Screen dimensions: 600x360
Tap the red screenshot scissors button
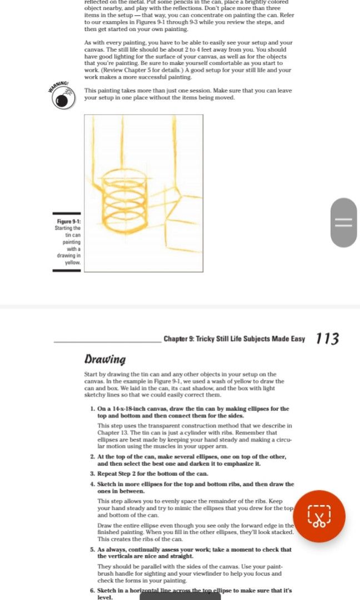tap(319, 516)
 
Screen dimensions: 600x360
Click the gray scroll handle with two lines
tap(343, 222)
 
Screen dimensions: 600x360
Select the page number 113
tap(327, 338)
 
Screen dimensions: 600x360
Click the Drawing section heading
tap(105, 359)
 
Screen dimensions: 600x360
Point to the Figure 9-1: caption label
tap(68, 222)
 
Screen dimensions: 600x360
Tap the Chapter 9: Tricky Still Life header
tap(234, 339)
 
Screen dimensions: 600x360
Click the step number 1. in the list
tap(92, 409)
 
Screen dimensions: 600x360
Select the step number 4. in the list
tap(92, 484)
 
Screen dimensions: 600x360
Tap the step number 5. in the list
tap(92, 549)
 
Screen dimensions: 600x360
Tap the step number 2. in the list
tap(92, 457)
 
